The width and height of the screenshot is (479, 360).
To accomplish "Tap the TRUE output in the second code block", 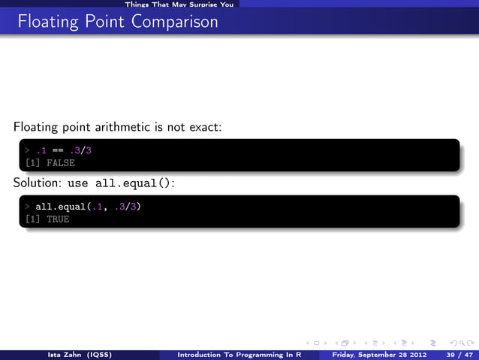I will (58, 219).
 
